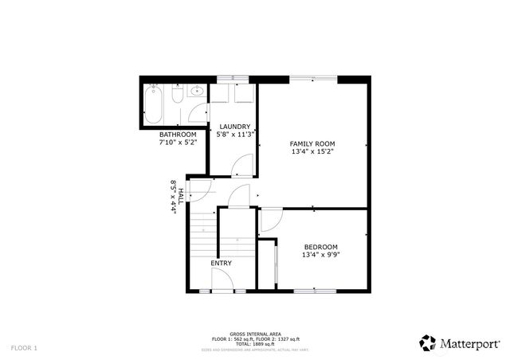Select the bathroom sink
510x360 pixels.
click(194, 92)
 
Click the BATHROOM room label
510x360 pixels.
click(177, 135)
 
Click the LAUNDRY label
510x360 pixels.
click(234, 127)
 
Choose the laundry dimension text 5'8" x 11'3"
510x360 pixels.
click(234, 134)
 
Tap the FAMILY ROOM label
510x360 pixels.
click(312, 143)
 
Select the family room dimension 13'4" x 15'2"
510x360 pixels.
click(312, 151)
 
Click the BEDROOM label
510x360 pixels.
click(320, 247)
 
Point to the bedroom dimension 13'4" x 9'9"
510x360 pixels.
click(320, 255)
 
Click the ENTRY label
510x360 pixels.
click(222, 263)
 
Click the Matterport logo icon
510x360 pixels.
click(428, 342)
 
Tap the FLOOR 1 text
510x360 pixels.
click(24, 348)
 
